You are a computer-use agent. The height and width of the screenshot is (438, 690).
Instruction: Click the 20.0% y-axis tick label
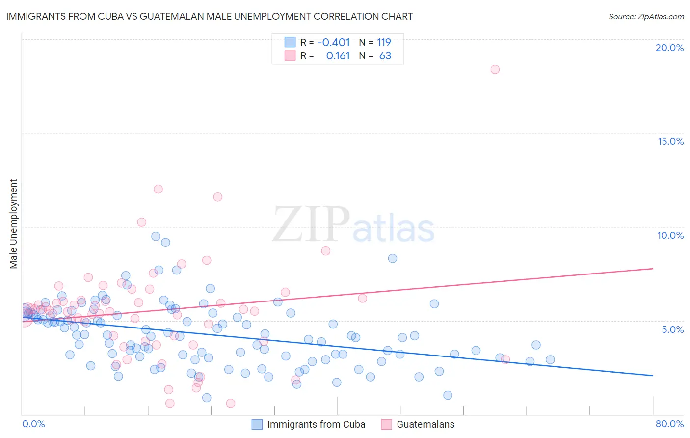(669, 48)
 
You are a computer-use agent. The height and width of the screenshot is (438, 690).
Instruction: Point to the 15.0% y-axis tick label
(670, 142)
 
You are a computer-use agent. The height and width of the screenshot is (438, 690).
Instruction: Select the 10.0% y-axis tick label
(670, 235)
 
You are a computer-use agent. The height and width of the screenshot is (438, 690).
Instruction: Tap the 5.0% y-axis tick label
(672, 329)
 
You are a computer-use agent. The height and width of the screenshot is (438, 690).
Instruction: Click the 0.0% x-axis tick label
(33, 424)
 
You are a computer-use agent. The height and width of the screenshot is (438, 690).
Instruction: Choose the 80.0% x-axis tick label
(669, 424)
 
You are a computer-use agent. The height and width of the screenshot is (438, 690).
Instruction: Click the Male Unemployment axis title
(13, 224)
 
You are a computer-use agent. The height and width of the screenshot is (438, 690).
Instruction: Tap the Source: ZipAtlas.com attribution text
(646, 16)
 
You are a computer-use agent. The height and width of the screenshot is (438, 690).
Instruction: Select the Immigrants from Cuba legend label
(316, 424)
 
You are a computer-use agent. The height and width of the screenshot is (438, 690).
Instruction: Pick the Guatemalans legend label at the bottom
(425, 424)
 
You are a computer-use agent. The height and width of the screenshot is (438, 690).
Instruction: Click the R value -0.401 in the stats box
(334, 43)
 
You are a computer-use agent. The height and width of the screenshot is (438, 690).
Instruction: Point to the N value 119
(384, 43)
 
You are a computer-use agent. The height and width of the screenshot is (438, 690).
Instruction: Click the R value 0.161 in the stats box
(338, 56)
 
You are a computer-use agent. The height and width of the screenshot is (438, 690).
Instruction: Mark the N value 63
(385, 56)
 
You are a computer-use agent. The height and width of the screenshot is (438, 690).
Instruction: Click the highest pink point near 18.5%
(495, 69)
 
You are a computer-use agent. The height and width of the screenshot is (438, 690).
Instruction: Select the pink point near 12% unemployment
(158, 189)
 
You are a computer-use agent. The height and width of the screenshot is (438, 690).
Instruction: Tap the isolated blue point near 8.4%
(393, 258)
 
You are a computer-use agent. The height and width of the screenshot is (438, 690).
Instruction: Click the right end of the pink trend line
(653, 269)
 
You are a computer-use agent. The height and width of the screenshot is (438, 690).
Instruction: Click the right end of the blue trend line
(653, 376)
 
